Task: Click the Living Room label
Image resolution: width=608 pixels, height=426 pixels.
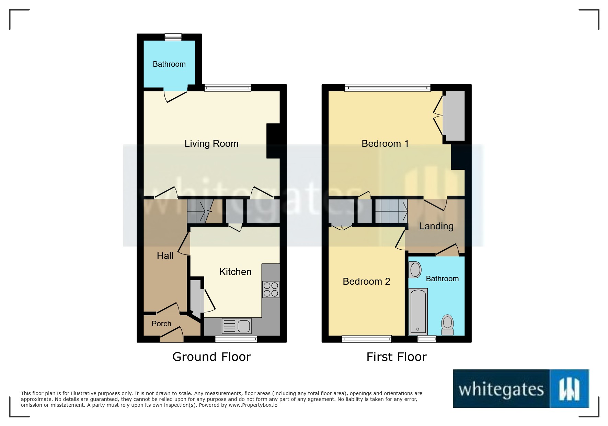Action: coord(211,143)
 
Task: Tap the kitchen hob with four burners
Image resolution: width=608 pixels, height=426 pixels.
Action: coord(271,289)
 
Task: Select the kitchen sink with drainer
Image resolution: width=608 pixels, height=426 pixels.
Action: coord(237,326)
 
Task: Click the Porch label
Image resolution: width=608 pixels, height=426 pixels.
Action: coord(161,324)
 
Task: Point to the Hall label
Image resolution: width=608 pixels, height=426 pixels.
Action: coord(165,255)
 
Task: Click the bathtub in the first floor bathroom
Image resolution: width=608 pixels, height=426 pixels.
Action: coord(418,312)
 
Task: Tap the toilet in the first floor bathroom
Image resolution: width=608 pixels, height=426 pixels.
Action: coord(447,325)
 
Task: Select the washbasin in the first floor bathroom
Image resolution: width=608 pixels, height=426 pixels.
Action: coord(415,270)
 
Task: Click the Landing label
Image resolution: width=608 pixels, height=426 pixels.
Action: coord(436,226)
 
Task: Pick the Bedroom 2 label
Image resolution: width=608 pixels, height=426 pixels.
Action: coord(366,281)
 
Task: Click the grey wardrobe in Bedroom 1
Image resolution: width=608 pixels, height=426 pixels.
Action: coord(454,116)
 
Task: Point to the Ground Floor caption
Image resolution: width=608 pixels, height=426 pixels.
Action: coord(211,357)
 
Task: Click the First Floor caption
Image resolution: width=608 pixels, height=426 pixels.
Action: coord(397,357)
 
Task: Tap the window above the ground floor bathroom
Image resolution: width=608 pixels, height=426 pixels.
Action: coord(173,37)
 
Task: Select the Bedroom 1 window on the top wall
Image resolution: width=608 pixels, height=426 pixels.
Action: coord(387,88)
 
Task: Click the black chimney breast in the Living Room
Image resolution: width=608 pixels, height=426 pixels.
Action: coord(273,141)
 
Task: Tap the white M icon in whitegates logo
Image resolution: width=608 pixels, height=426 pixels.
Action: coord(569,389)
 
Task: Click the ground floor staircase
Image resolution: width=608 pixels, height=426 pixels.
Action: coord(199,211)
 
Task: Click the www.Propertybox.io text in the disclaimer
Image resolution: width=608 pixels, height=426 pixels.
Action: coord(253,405)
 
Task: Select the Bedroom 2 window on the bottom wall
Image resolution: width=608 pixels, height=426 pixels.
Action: coord(367,339)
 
